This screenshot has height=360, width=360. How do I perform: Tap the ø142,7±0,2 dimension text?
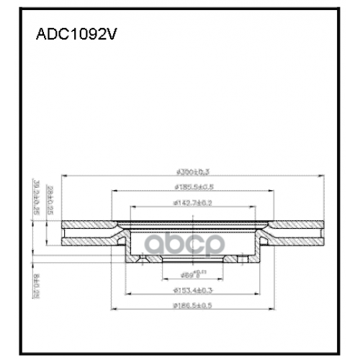pyautogui.click(x=192, y=204)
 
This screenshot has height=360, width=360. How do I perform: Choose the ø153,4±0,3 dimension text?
pyautogui.click(x=192, y=290)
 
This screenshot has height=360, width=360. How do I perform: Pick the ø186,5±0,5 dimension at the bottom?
pyautogui.click(x=192, y=307)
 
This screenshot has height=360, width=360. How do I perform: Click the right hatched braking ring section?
pyautogui.click(x=295, y=230)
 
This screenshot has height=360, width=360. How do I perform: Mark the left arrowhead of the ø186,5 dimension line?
pyautogui.click(x=113, y=311)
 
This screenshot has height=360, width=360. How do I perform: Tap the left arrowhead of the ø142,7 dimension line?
pyautogui.click(x=132, y=208)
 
